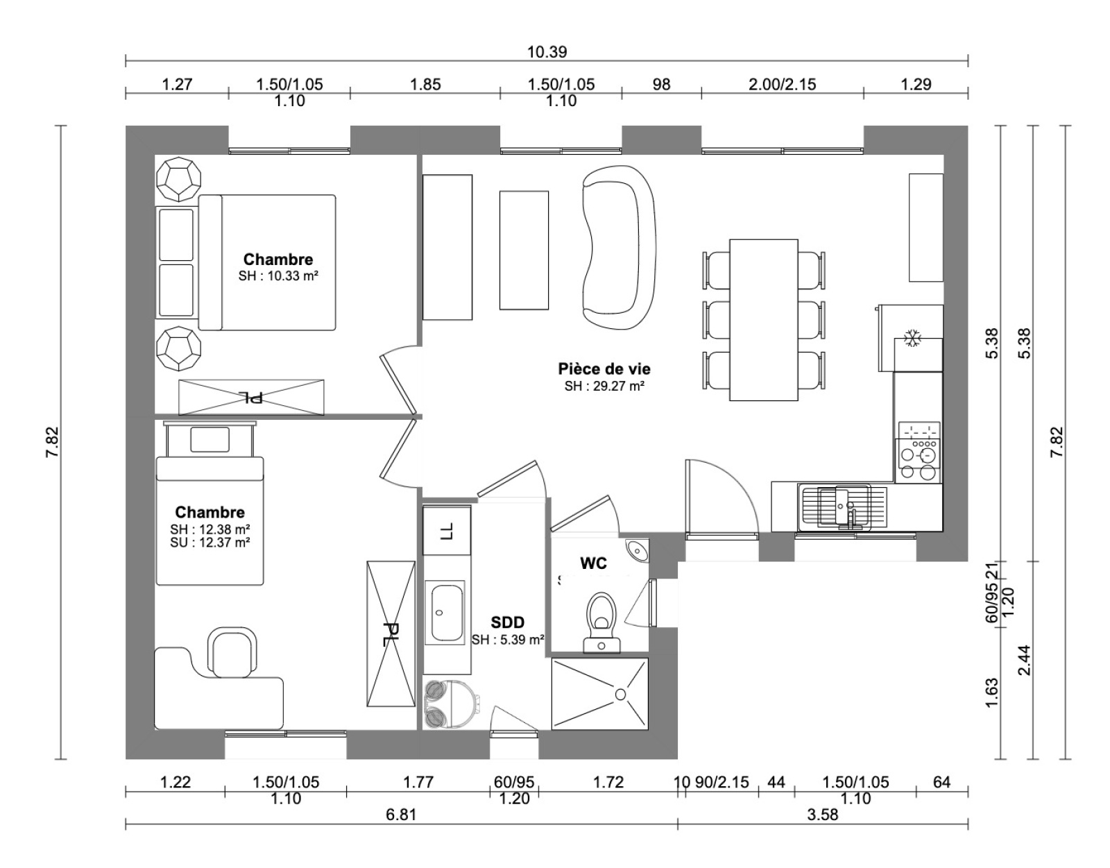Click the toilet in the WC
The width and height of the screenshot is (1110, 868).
tap(601, 622)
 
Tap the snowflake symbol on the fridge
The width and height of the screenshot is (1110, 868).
tap(912, 339)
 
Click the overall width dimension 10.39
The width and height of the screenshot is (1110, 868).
tap(547, 51)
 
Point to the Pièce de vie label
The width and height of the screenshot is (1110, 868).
tap(604, 368)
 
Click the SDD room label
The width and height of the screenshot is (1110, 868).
tap(507, 622)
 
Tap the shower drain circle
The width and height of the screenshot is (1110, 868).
tap(621, 695)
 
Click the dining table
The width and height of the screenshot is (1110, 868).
tap(764, 320)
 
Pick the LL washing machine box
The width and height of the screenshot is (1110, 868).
tap(447, 531)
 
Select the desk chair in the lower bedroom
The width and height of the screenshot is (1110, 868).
tap(232, 652)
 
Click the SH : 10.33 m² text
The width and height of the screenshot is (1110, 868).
tap(278, 276)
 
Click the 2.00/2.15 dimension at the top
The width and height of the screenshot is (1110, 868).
tap(782, 84)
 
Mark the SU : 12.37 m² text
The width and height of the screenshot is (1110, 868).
tap(210, 542)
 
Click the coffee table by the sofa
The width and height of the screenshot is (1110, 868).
tap(524, 250)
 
